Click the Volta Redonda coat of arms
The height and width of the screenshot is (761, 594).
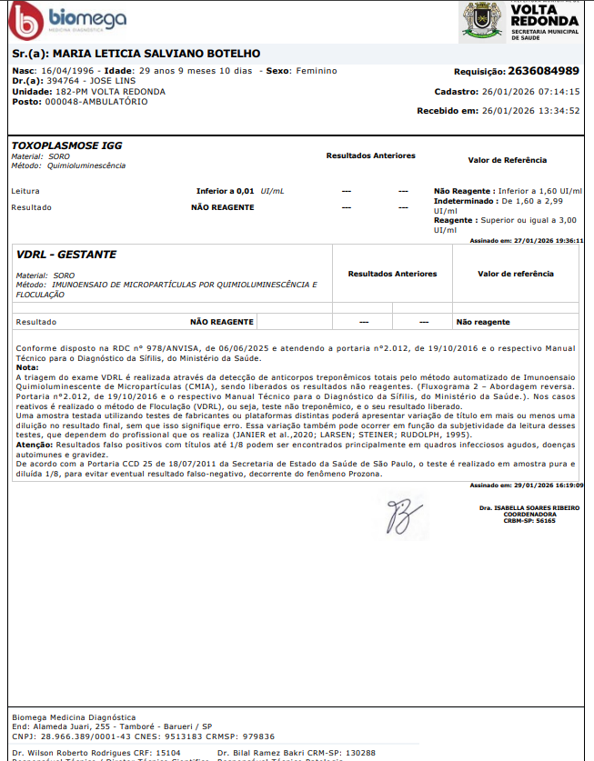(481, 20)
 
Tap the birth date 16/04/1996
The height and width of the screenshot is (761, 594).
(68, 71)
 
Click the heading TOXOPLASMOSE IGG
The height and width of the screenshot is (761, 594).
(66, 145)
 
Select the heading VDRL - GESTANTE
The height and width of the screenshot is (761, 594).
(66, 255)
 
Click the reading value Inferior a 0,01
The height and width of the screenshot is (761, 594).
(226, 191)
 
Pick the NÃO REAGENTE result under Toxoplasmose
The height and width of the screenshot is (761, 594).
(222, 207)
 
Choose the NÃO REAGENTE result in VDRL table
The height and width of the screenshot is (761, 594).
(221, 322)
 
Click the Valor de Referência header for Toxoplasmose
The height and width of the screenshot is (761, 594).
(508, 160)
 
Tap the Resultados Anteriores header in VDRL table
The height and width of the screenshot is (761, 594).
(392, 274)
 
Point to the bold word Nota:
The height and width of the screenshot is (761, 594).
(27, 366)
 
